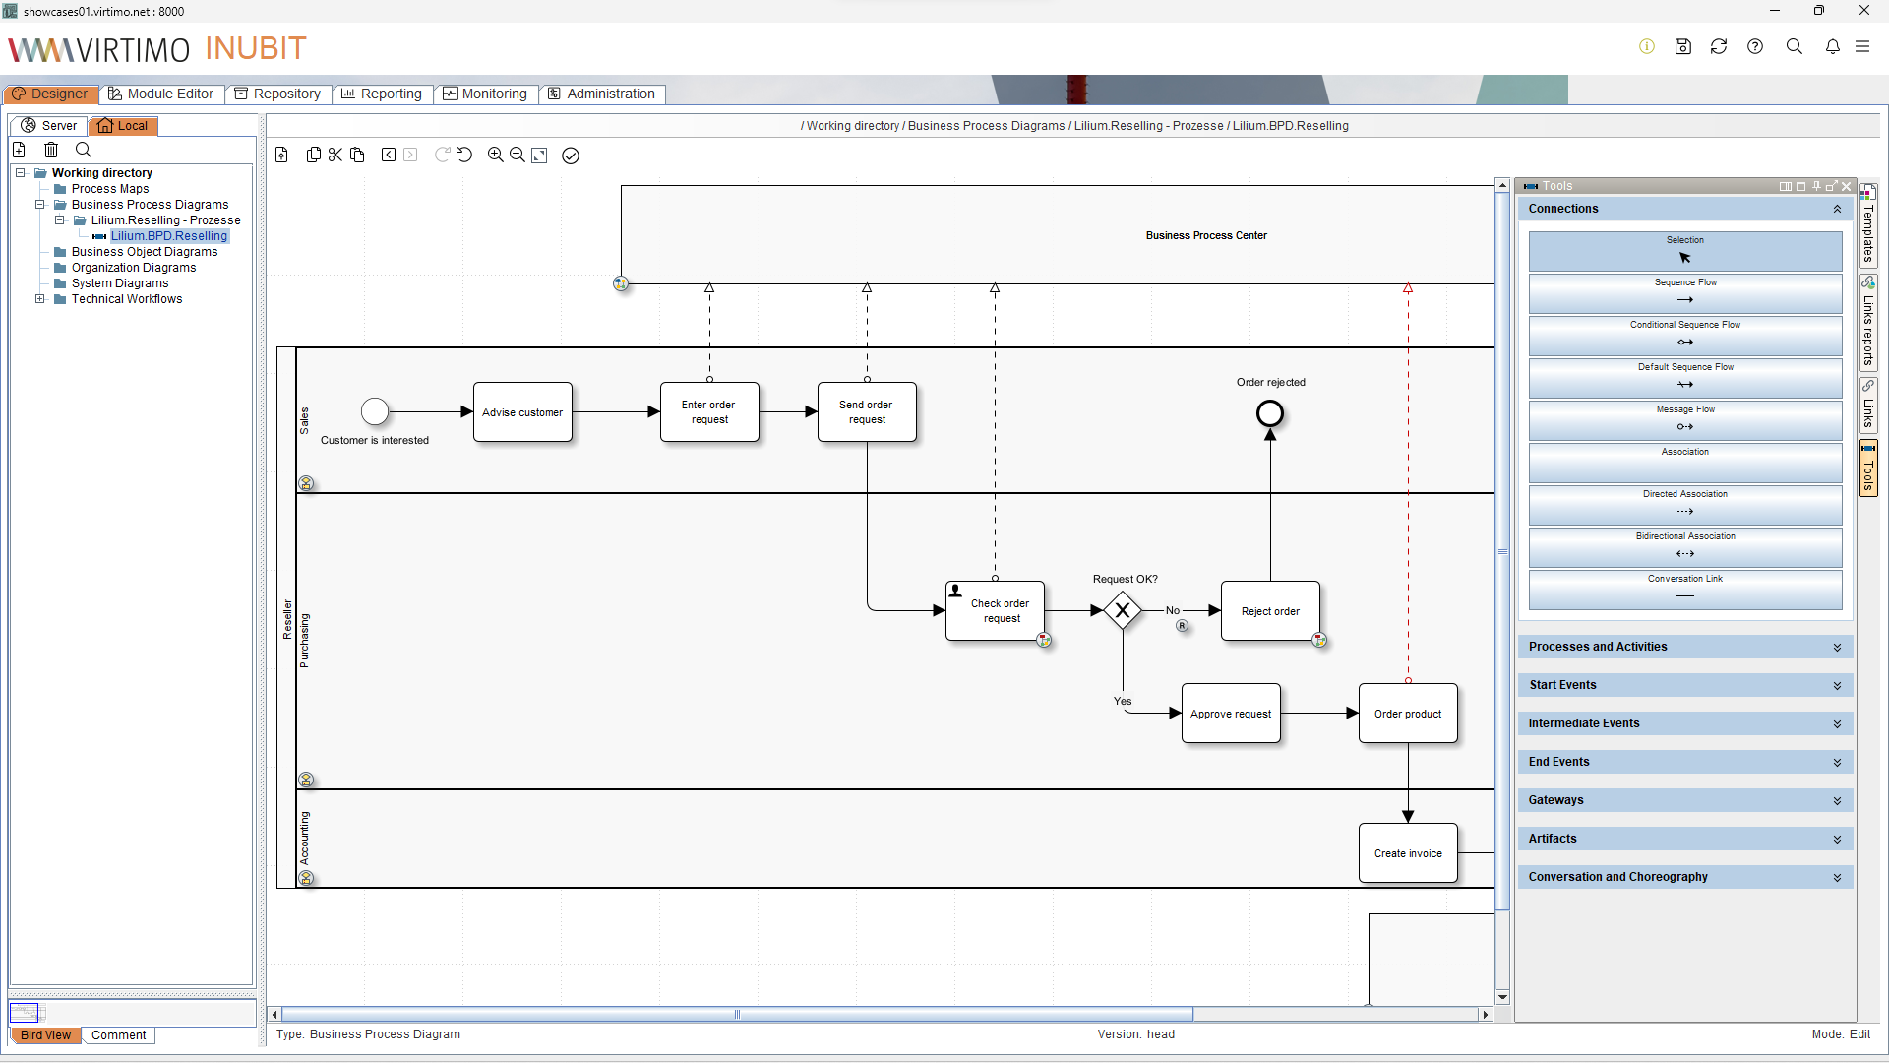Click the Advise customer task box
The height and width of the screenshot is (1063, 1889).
click(x=522, y=412)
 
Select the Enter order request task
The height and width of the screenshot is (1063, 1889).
click(x=709, y=412)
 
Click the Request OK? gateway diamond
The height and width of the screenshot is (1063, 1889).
click(x=1123, y=610)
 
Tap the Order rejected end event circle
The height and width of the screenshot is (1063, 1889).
click(x=1270, y=413)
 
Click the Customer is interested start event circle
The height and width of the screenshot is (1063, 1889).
click(x=375, y=410)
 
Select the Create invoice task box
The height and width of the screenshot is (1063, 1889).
click(x=1408, y=853)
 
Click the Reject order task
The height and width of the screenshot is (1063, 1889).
click(x=1270, y=611)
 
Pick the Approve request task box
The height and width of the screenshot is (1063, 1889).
click(x=1231, y=714)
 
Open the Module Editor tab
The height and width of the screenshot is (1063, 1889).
click(x=161, y=94)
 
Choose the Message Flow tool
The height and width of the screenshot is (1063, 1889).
click(x=1684, y=419)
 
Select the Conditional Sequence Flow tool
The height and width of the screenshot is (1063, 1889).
click(x=1684, y=335)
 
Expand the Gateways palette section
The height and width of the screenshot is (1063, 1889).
click(x=1684, y=800)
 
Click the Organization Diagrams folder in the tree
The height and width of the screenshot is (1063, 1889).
click(x=134, y=268)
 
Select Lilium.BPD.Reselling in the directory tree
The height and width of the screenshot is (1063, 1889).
click(x=169, y=236)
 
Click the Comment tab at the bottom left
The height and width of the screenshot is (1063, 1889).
click(x=118, y=1035)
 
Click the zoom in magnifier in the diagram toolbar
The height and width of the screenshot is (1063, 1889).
click(x=495, y=155)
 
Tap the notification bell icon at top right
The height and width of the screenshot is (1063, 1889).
click(x=1832, y=46)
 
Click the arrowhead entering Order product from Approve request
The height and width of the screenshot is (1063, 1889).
click(x=1352, y=714)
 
